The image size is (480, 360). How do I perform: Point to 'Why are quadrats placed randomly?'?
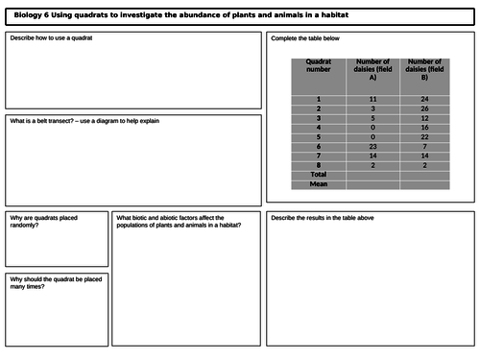(x=44, y=222)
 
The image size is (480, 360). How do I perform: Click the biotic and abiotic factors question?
(x=179, y=222)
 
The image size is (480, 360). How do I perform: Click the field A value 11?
(x=372, y=100)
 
